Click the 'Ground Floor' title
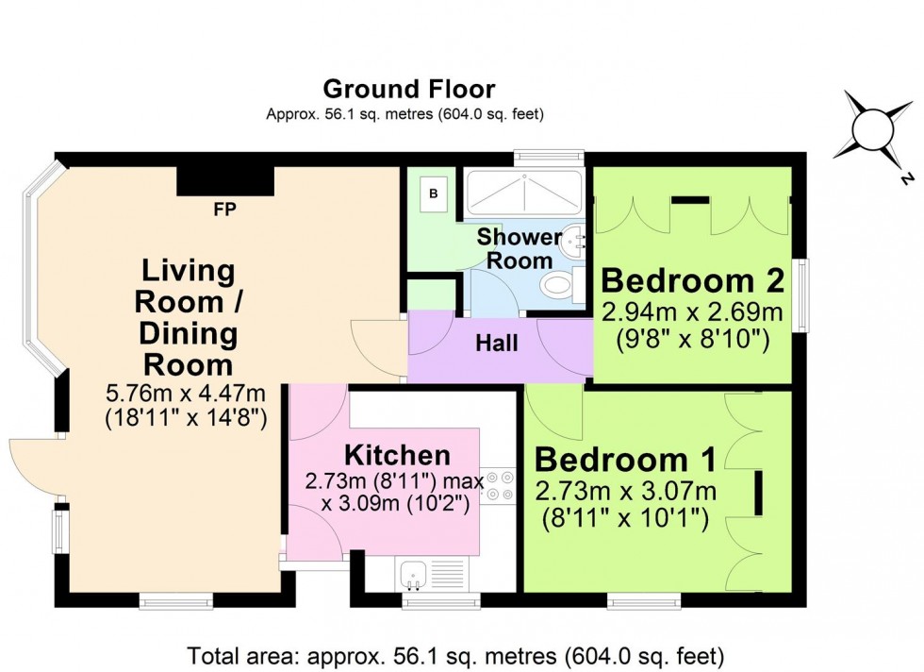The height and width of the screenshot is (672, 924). pos(408,90)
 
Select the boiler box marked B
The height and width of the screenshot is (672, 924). pos(434,194)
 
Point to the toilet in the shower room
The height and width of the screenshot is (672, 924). pos(558,284)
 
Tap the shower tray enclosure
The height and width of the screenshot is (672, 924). pos(523,193)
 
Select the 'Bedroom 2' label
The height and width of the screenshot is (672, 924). pos(692,280)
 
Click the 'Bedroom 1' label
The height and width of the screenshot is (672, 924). pos(625,460)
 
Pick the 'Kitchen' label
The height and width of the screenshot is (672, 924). pos(397,455)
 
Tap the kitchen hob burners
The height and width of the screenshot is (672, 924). pos(501,486)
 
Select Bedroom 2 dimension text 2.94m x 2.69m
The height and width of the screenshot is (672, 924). pos(692,312)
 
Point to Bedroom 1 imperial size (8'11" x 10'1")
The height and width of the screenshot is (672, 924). pos(625,518)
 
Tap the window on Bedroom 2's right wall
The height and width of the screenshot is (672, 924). pos(800,296)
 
